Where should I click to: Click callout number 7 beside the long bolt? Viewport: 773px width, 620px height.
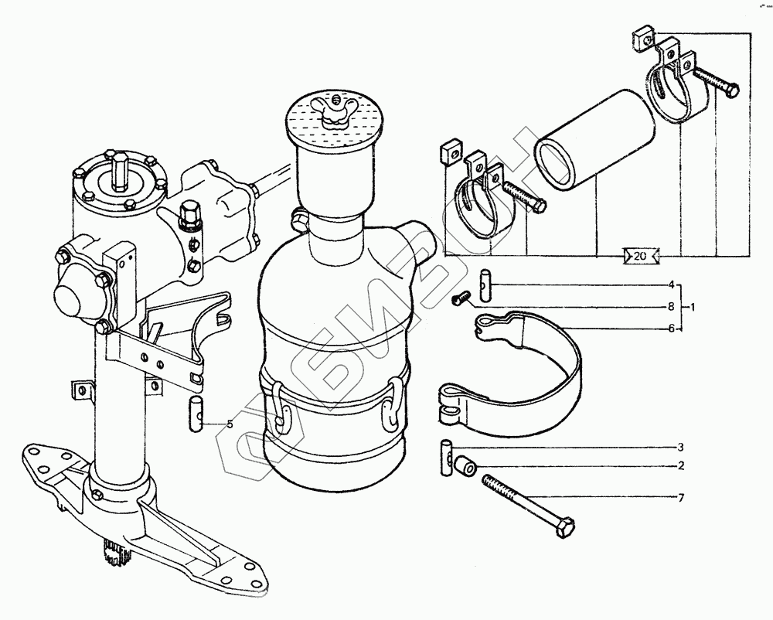(x=680, y=497)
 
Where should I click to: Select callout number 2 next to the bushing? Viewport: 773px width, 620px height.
(x=680, y=466)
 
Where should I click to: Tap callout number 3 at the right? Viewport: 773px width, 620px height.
(x=680, y=448)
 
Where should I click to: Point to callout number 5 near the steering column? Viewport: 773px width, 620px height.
(x=229, y=424)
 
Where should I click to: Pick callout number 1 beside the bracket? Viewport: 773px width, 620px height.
(x=693, y=307)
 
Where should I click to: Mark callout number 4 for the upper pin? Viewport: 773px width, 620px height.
(x=672, y=284)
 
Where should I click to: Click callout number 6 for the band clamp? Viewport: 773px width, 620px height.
(x=672, y=329)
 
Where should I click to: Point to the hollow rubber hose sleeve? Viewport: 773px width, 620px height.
(x=594, y=138)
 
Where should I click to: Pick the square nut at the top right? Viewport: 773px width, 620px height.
(x=642, y=38)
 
